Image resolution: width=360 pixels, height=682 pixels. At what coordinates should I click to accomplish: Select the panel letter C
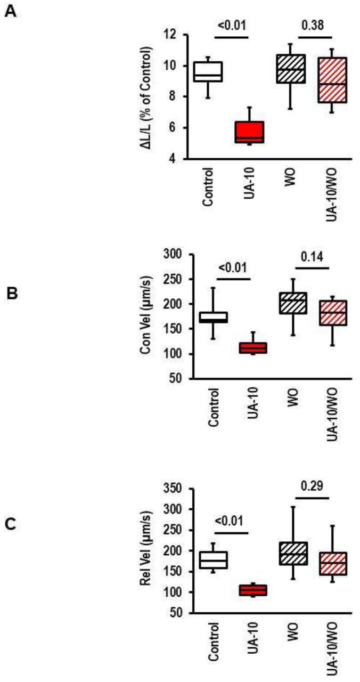10,524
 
